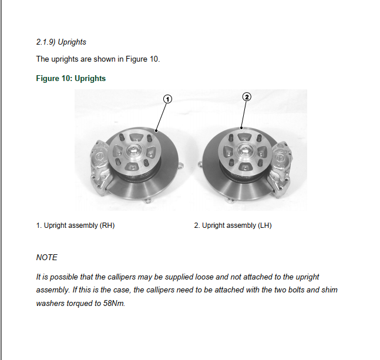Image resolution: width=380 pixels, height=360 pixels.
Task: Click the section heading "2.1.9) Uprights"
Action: click(x=61, y=42)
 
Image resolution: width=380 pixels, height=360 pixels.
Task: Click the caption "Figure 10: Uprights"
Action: click(x=71, y=78)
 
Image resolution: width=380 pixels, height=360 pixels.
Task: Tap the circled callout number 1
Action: click(x=167, y=99)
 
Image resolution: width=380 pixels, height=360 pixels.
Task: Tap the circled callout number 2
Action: click(x=247, y=96)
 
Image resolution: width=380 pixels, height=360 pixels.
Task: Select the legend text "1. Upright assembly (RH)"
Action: click(x=75, y=226)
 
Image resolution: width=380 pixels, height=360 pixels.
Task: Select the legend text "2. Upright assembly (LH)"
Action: click(x=233, y=226)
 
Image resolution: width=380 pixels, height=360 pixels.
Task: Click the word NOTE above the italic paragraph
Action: click(x=47, y=257)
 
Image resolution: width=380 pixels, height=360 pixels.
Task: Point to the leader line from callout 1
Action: click(x=161, y=116)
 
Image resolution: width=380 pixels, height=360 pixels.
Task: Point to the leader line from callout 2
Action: click(x=244, y=115)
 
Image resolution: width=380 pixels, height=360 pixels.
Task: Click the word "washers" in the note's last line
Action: click(x=51, y=304)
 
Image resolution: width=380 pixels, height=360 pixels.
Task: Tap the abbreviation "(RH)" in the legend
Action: click(x=107, y=226)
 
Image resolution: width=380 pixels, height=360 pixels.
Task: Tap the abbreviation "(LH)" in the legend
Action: click(x=264, y=226)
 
